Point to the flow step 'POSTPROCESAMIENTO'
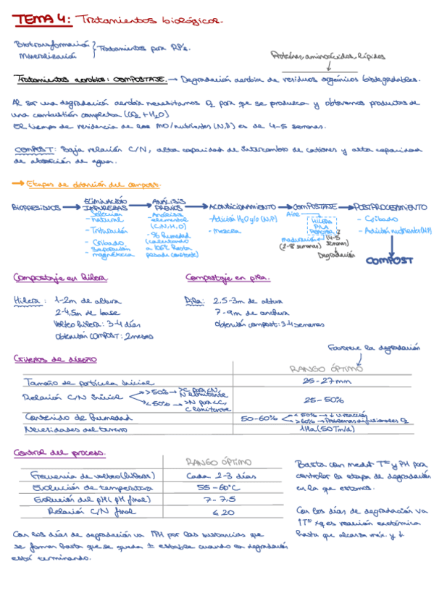[390, 206]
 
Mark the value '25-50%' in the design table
[324, 399]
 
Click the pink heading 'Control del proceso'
[59, 454]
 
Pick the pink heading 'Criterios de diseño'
[55, 359]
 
